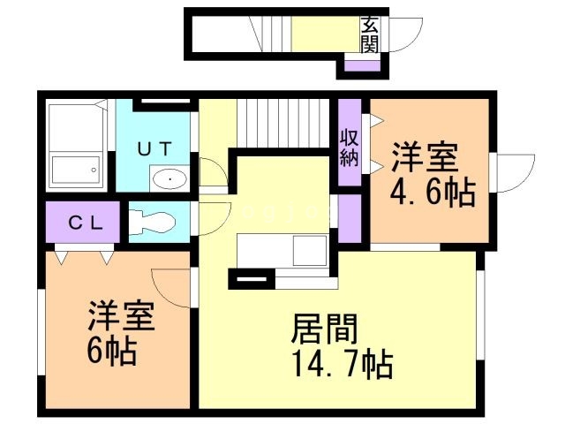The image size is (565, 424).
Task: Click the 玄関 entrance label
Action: (x=369, y=34)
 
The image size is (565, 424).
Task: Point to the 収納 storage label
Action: (x=350, y=148)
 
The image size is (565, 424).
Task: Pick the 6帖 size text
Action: (x=110, y=352)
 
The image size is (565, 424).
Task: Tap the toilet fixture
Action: (x=153, y=221)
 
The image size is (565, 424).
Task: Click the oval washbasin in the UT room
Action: (x=168, y=180)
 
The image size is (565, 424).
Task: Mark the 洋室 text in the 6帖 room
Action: (x=121, y=316)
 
